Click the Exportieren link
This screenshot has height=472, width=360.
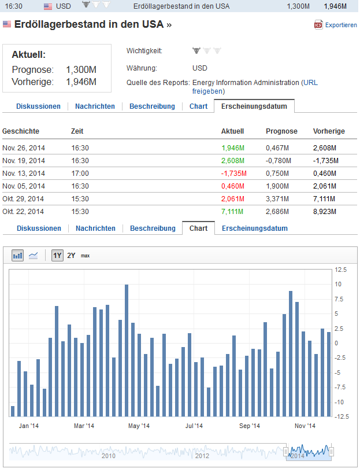[340, 25]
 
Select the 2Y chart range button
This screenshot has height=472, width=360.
[71, 255]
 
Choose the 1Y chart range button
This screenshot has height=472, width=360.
[57, 255]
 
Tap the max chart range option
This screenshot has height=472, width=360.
[85, 255]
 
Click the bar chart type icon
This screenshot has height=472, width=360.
[18, 255]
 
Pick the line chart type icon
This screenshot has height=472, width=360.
[34, 255]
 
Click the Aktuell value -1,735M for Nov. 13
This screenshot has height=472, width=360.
[233, 173]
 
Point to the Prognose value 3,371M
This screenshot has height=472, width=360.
[277, 198]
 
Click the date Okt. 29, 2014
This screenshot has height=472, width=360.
[23, 198]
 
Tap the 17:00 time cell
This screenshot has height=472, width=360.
[80, 173]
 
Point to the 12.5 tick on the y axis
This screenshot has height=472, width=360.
[341, 270]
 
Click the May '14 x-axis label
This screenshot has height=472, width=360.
[138, 426]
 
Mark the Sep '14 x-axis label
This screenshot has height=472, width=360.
[249, 426]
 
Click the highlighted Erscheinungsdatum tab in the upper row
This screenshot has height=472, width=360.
[254, 106]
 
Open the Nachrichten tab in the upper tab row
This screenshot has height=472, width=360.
[95, 106]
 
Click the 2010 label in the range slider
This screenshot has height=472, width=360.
[109, 456]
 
